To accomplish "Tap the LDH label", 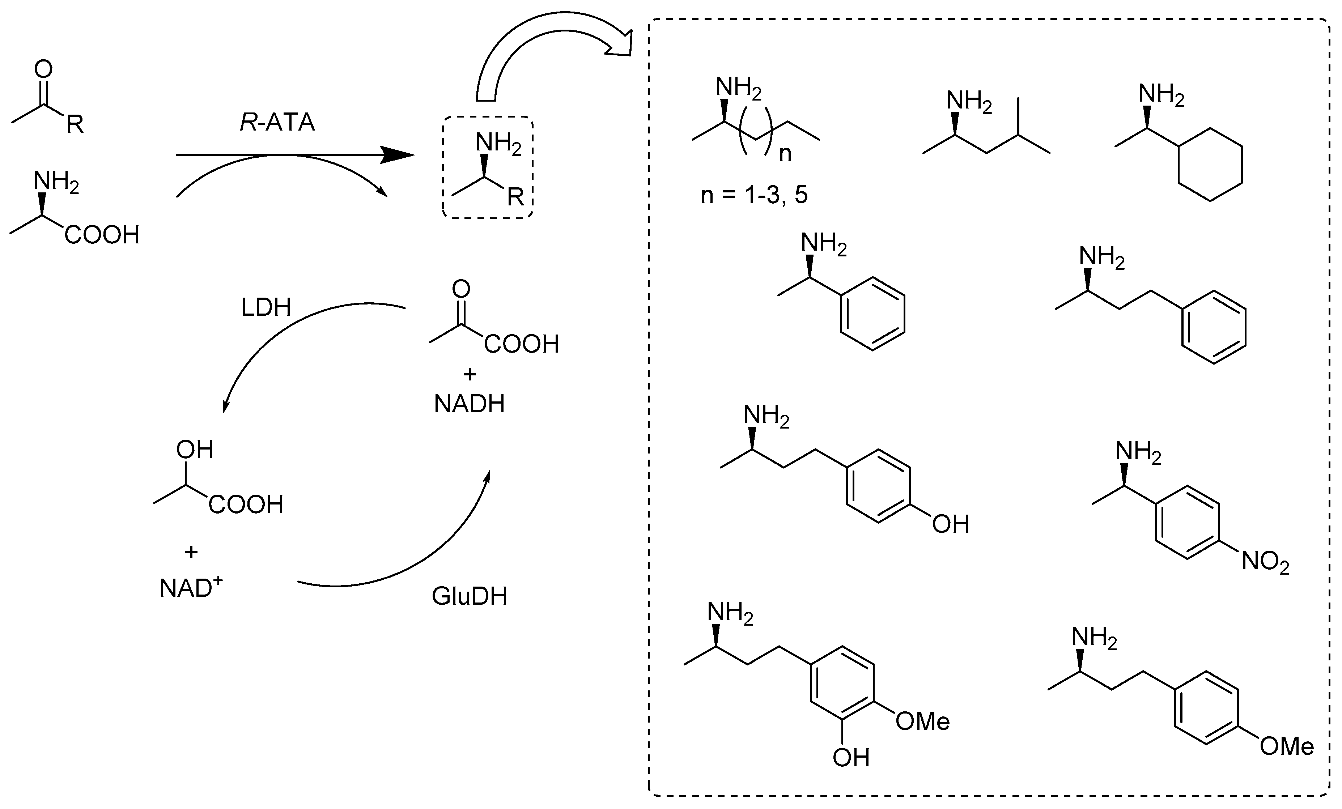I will click(266, 308).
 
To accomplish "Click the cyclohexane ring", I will click(1210, 165).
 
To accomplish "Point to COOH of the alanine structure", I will click(102, 235).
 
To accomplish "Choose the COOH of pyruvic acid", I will click(521, 344).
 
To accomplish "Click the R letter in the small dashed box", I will click(515, 197).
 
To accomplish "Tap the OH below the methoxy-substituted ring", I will click(851, 757).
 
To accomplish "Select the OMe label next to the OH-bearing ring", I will click(923, 722).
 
